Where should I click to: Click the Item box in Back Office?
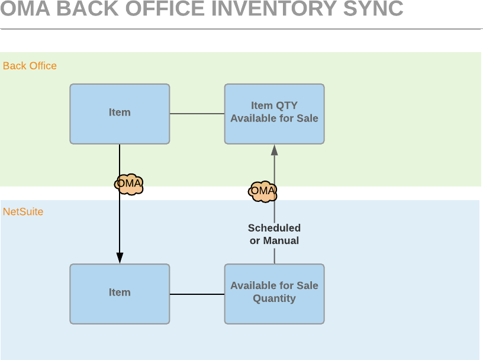[x=120, y=114]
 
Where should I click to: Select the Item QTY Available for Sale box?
[x=274, y=114]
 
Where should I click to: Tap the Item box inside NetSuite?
[x=120, y=294]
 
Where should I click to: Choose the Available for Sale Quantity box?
[x=274, y=294]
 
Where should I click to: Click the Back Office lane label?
[x=30, y=66]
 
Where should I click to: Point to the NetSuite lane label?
[x=23, y=211]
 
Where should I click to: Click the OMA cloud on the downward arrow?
[x=129, y=184]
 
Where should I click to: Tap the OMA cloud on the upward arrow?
[x=263, y=191]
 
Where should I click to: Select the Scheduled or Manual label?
[x=274, y=234]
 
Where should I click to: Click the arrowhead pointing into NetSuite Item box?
[x=120, y=258]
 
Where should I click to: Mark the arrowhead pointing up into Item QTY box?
[x=274, y=150]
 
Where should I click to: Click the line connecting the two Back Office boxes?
[x=197, y=114]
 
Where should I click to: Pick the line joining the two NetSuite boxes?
[x=197, y=294]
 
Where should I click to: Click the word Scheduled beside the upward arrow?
[x=274, y=228]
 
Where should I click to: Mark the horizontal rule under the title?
[x=241, y=28]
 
